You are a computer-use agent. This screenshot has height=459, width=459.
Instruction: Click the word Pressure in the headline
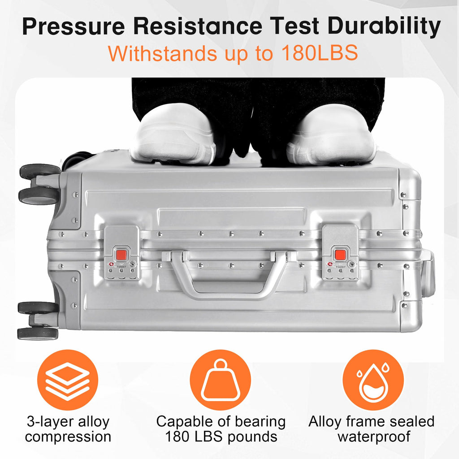[74, 27]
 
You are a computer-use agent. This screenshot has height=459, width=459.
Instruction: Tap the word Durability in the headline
[384, 27]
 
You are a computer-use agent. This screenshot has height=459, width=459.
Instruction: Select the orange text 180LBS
[319, 53]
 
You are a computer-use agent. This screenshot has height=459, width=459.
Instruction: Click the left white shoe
[173, 134]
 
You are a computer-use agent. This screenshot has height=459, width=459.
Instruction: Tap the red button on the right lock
[340, 255]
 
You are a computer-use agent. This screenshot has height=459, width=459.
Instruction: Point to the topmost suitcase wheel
[40, 172]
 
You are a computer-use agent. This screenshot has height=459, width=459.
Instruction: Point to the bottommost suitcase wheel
[38, 333]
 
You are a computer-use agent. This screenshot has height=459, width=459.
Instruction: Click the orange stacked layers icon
[68, 380]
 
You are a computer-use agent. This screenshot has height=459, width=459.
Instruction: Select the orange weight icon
[221, 380]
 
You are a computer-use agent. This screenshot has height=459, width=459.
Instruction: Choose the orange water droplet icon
[373, 380]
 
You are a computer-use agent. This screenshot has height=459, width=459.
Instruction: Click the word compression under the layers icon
[68, 437]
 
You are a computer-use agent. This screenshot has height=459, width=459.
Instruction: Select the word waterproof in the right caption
[374, 437]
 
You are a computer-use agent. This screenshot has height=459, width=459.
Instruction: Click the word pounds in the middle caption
[252, 437]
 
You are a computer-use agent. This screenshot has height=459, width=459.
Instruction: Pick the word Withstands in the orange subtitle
[162, 53]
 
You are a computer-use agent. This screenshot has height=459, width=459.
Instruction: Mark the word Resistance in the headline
[198, 27]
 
